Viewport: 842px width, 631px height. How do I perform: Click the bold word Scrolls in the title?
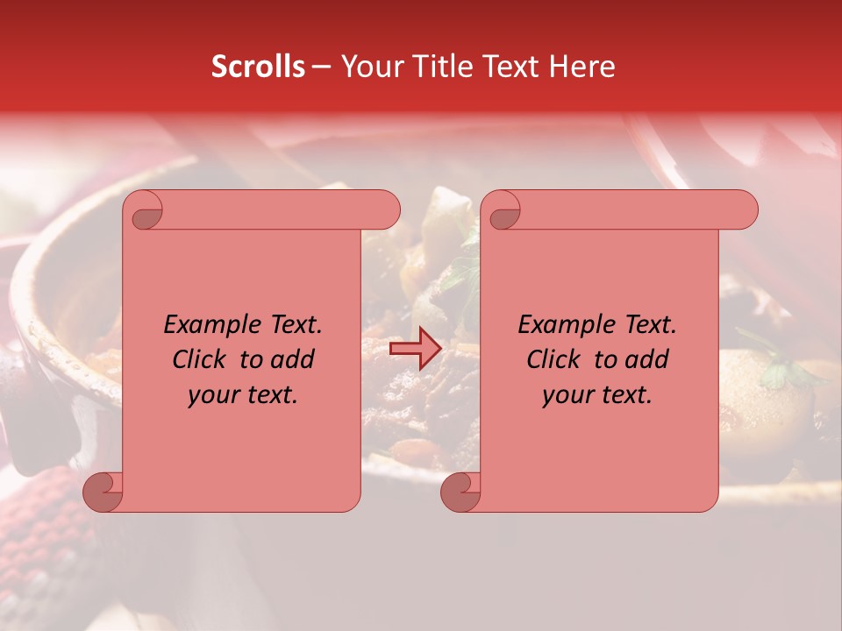(258, 67)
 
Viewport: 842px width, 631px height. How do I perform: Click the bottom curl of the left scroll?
(102, 491)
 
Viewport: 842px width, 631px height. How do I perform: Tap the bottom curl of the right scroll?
(460, 491)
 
